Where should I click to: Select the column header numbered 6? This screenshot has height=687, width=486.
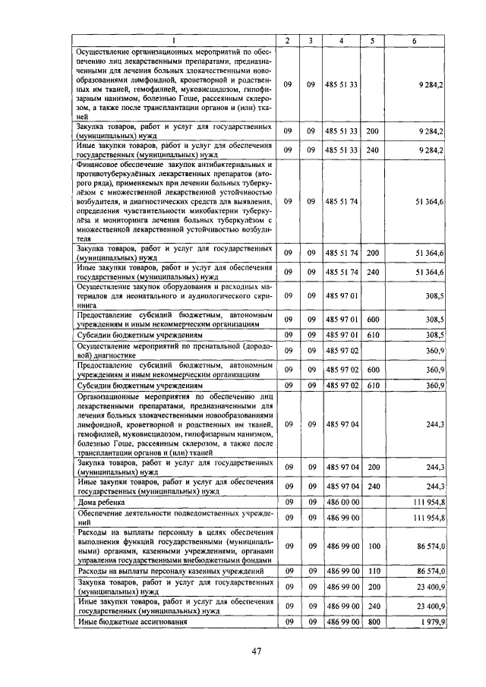click(414, 40)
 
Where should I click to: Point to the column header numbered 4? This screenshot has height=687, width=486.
click(342, 40)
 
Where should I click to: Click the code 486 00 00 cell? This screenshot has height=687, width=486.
click(342, 503)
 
